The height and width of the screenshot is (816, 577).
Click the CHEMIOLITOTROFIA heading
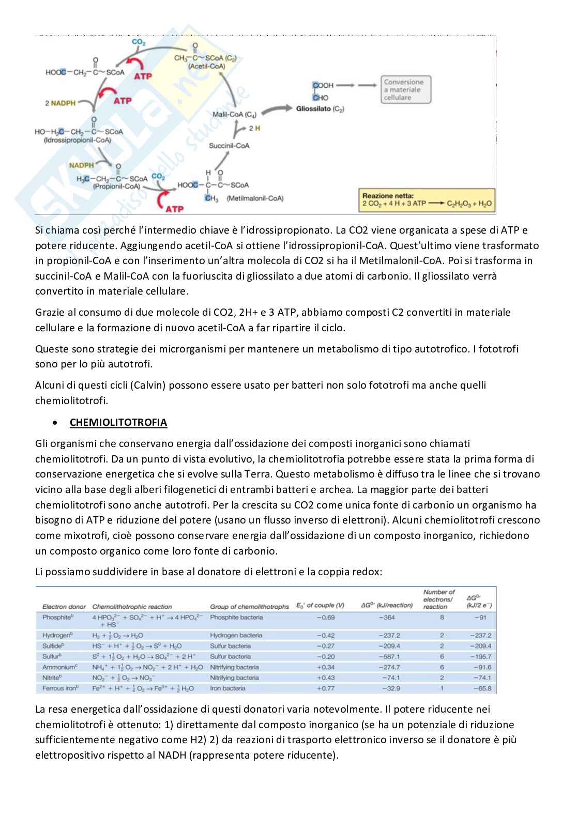click(x=118, y=422)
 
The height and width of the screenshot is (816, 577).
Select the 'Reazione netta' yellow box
click(x=427, y=200)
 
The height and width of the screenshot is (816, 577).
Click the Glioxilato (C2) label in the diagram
click(x=320, y=109)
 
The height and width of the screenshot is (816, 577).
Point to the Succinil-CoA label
click(x=229, y=146)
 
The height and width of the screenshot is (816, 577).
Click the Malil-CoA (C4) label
click(x=234, y=114)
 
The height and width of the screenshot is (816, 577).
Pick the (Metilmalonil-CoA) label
click(x=255, y=198)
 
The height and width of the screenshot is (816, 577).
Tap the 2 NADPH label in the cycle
click(x=60, y=103)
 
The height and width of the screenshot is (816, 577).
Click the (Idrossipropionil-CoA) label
click(x=78, y=140)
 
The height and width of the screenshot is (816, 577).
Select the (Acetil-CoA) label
click(x=207, y=66)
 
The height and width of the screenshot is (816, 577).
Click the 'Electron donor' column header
click(x=64, y=607)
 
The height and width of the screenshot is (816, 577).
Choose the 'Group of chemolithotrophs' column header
click(x=249, y=607)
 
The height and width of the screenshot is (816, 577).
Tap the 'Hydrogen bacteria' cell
click(x=236, y=636)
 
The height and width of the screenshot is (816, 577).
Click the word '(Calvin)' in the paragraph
click(x=148, y=385)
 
